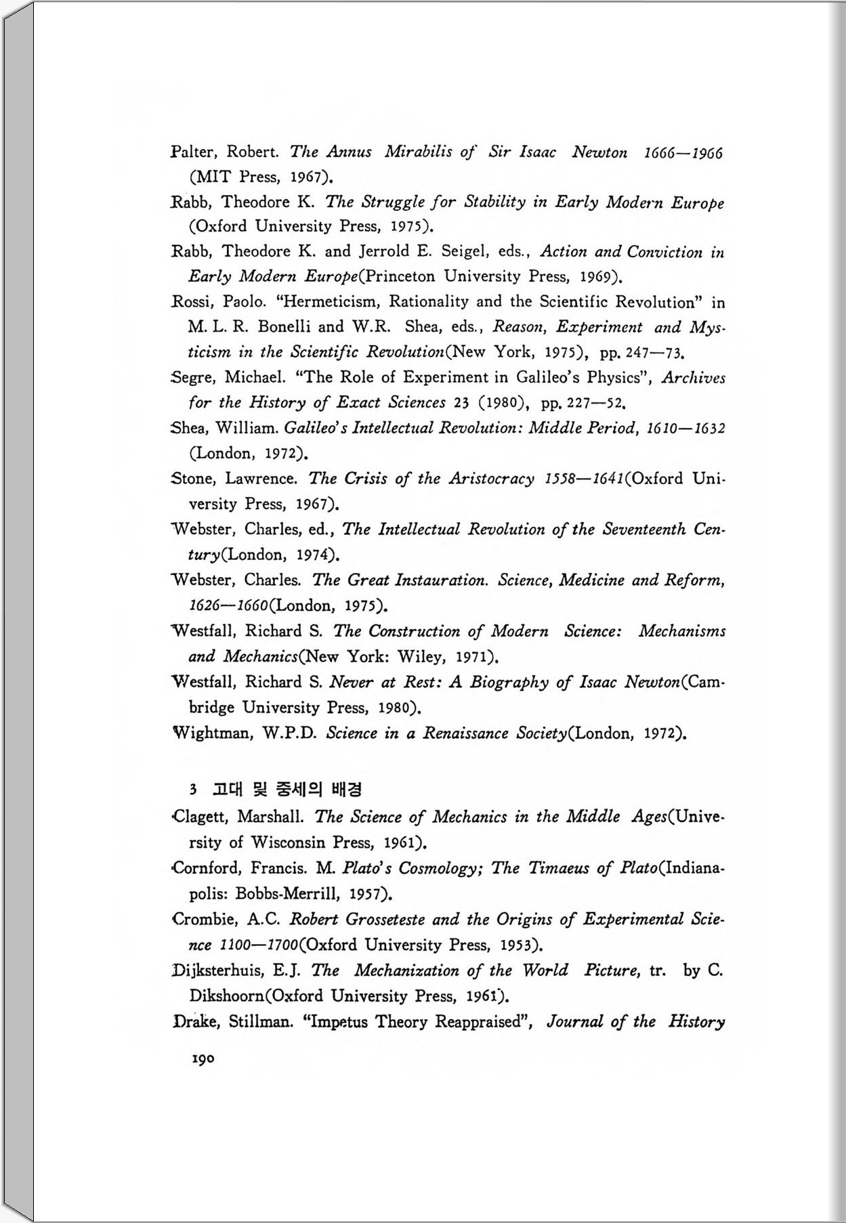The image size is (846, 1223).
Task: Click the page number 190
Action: click(203, 1058)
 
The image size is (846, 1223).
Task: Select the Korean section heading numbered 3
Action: click(276, 789)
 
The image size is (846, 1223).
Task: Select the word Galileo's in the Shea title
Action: click(314, 428)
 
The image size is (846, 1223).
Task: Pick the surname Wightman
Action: click(211, 733)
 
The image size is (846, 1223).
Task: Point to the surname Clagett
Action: click(200, 817)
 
